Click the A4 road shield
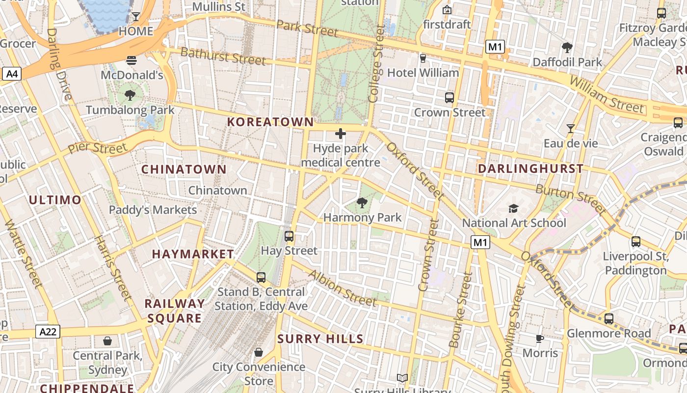12,74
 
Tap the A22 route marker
48,332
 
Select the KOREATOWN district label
270,122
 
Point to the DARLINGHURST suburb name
530,168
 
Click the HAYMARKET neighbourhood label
193,254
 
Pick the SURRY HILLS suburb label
320,338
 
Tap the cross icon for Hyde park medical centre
340,133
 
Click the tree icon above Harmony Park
362,202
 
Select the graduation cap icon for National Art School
513,208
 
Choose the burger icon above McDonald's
131,60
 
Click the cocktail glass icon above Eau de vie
570,129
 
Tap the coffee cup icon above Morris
540,338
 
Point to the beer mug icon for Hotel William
423,58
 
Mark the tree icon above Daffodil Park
567,48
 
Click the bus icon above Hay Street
289,236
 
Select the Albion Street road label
342,288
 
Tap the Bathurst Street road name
223,56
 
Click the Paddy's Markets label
153,210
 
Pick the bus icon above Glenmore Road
609,319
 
